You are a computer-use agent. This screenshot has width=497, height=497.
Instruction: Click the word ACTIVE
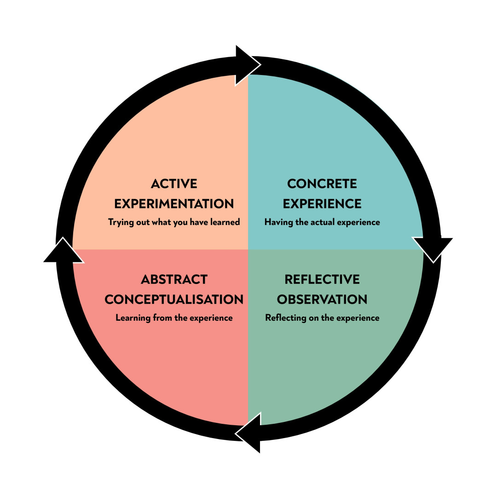174,184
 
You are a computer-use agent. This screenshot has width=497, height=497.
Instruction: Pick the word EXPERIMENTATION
174,204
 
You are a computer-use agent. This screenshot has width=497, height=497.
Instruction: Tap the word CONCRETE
322,184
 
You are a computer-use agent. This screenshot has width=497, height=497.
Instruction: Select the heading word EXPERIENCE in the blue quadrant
322,204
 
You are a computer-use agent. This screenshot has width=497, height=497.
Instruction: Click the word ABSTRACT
174,280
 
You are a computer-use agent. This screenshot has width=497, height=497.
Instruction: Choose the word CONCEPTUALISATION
174,300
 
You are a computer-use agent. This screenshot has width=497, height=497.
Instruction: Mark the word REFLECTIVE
322,280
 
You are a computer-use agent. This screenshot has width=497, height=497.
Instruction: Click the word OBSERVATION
322,300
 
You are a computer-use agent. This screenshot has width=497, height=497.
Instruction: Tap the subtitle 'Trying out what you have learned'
174,222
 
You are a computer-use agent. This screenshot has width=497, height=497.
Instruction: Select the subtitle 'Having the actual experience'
322,222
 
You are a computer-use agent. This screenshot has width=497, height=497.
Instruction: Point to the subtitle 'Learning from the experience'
174,318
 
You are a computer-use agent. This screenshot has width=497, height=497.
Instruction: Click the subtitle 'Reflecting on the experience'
322,318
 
